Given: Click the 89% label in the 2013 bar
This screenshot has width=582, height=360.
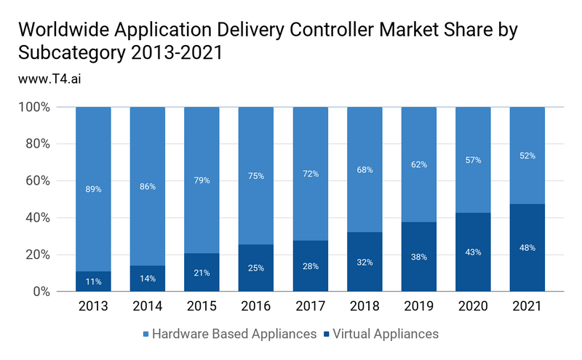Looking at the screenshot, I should pos(93,189).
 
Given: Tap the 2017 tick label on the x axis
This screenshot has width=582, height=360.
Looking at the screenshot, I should pos(311,307).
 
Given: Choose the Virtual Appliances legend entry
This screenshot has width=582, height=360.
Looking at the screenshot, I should pos(381,334).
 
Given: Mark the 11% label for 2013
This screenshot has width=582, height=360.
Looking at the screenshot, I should pos(93,281).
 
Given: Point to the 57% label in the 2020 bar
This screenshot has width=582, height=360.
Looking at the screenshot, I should pos(474,160).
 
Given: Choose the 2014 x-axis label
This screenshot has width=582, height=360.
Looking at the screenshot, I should pos(148,307).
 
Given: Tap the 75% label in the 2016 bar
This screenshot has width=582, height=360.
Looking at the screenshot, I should pos(256,175).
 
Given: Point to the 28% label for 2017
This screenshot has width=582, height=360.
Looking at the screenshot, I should pos(311,265).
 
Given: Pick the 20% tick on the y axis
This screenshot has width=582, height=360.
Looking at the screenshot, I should pos(34,255).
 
